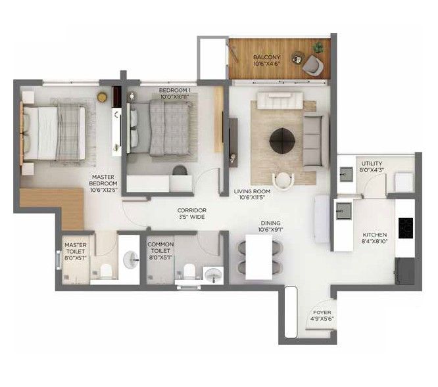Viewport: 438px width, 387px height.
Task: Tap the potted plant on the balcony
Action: [x=318, y=48]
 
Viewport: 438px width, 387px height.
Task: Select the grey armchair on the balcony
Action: [x=313, y=65]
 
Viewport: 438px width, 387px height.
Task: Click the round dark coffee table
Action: [x=282, y=141]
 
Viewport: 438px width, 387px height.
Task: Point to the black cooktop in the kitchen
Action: [x=406, y=228]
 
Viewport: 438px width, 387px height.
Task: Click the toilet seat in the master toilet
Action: [x=106, y=271]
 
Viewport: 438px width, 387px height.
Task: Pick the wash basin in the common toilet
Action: [x=214, y=275]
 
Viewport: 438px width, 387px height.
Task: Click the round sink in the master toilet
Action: [x=131, y=260]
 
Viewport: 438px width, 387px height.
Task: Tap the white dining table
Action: [x=258, y=257]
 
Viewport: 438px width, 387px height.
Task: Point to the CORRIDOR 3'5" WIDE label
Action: [x=192, y=214]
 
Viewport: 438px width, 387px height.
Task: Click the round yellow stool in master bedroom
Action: [x=102, y=97]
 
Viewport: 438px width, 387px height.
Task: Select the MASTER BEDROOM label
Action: [x=103, y=183]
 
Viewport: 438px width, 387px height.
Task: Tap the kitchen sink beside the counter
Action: [x=344, y=211]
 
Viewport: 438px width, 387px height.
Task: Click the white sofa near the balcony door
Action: [x=280, y=101]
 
